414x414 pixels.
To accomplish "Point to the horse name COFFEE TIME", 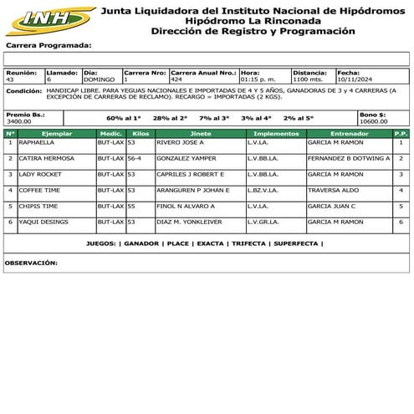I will [38, 191].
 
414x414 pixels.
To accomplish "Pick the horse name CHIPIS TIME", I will [38, 206].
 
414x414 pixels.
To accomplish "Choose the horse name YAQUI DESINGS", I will [42, 222].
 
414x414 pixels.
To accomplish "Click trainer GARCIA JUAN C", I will [332, 206].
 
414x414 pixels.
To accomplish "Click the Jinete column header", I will [201, 134].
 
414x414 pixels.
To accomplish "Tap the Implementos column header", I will [276, 134].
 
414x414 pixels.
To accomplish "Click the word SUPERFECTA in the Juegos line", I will [295, 243].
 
